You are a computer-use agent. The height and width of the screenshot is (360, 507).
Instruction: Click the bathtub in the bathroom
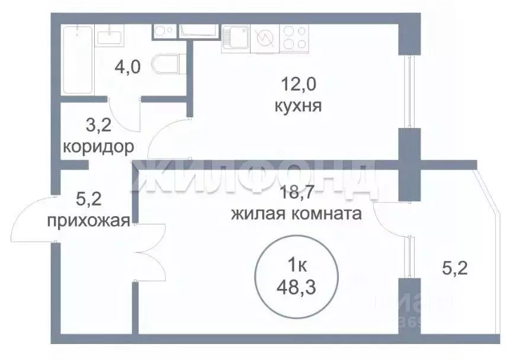pyautogui.click(x=78, y=59)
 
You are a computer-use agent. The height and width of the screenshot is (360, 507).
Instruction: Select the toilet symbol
pyautogui.click(x=166, y=63)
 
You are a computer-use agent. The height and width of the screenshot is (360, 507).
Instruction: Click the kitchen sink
pyautogui.click(x=236, y=38)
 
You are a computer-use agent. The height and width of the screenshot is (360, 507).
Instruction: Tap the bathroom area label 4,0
pyautogui.click(x=127, y=66)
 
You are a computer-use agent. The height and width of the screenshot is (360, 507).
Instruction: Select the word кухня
pyautogui.click(x=298, y=107)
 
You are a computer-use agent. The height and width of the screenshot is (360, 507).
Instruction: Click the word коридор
pyautogui.click(x=98, y=146)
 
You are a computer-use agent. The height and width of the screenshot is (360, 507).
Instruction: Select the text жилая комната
pyautogui.click(x=296, y=214)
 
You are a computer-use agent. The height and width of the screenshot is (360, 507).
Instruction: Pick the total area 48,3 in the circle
pyautogui.click(x=296, y=289)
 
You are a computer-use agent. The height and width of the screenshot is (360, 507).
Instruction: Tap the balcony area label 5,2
pyautogui.click(x=455, y=269)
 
